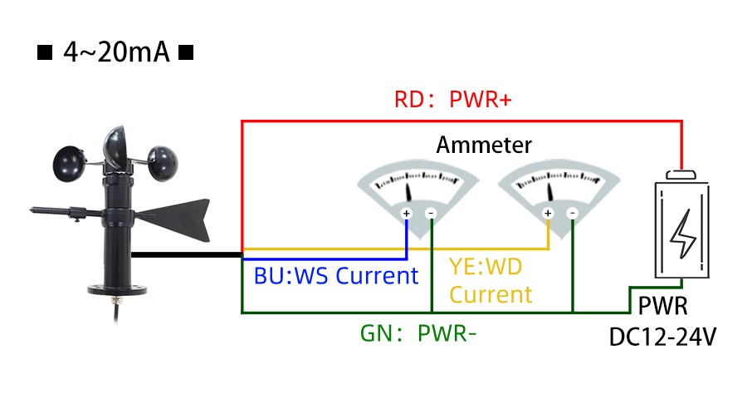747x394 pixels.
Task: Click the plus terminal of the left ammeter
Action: coord(407,214)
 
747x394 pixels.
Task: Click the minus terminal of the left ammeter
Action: coord(432,214)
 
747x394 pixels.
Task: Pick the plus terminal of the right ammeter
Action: coord(548,214)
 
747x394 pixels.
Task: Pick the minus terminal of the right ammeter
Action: coord(573,214)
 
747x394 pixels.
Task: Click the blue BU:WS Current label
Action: coord(336,275)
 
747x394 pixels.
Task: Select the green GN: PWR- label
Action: coord(418,333)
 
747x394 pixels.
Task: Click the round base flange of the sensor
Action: coord(117,290)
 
